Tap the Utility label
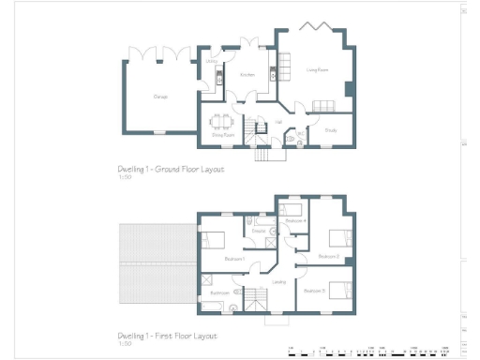tap(212, 62)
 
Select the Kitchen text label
tap(247, 75)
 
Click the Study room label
tap(331, 131)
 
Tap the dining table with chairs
tap(222, 121)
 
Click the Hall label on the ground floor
tap(279, 121)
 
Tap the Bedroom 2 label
tap(328, 256)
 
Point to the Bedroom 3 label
tap(314, 291)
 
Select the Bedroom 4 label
tap(296, 219)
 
